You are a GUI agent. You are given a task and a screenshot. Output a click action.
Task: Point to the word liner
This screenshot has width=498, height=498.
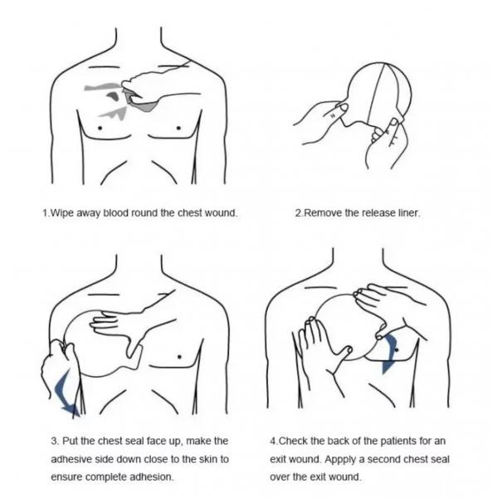pos(409,212)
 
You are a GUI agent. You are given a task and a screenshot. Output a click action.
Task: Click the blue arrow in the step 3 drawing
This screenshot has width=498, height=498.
pos(65,393)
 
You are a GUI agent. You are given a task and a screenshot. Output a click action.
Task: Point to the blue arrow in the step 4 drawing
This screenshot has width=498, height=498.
pos(390,354)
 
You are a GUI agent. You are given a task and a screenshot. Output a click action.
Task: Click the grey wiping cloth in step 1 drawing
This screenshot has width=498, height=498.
pos(141,101)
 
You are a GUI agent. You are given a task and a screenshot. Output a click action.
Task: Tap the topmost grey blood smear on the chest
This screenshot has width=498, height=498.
pos(102,86)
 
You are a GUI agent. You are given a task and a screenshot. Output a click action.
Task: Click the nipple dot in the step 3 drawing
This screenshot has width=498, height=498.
pos(179,357)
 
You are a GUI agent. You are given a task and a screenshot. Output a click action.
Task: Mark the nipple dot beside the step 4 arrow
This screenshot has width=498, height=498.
pos(397,350)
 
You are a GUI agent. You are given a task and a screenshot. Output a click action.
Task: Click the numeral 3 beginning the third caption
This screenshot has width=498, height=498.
pos(54,442)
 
